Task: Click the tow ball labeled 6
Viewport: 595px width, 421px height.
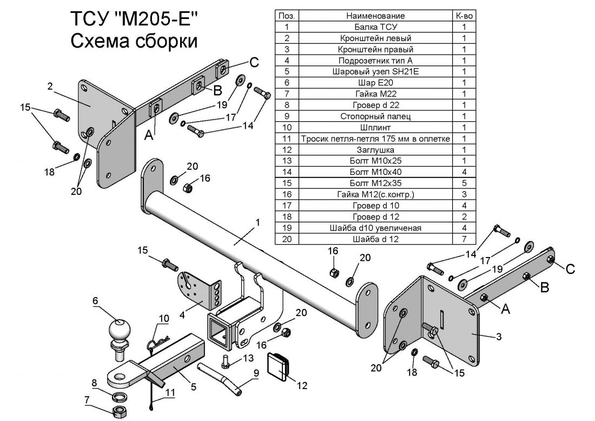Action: point(120,330)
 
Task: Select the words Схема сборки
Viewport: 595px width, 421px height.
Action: point(133,42)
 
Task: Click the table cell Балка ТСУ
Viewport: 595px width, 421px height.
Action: point(376,27)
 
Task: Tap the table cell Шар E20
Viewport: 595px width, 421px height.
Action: point(376,82)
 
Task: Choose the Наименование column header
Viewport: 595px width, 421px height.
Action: point(376,16)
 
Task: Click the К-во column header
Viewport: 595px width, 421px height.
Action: point(464,16)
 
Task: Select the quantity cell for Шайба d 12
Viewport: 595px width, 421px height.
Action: point(464,239)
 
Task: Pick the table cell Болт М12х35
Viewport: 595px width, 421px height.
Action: point(376,183)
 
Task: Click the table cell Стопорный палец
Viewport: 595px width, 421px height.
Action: point(376,116)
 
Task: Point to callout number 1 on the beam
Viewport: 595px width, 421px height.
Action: point(258,222)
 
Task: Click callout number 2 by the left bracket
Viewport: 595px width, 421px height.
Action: point(50,85)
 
